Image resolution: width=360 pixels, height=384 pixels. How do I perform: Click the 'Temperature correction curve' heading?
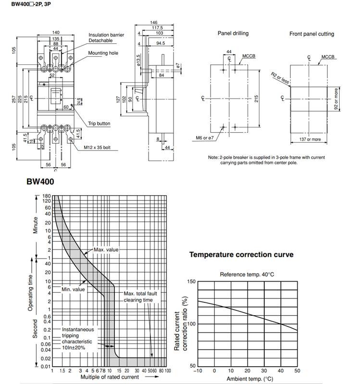point(241,255)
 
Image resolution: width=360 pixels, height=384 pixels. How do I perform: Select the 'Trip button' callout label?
point(99,124)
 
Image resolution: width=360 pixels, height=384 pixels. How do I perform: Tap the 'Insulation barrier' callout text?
point(106,35)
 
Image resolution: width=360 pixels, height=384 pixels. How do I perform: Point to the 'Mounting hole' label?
point(103,53)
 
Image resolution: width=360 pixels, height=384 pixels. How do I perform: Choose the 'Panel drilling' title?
point(233,34)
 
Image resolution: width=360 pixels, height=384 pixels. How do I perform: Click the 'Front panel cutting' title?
point(311,34)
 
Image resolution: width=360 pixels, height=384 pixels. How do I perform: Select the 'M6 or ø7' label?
point(205,138)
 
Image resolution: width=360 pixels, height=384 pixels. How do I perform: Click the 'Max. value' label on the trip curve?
point(106,250)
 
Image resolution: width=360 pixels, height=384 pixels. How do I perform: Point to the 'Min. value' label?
point(73,290)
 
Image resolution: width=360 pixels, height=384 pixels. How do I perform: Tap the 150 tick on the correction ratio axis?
point(191,281)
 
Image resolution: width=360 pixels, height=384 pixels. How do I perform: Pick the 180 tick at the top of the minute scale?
point(47,196)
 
